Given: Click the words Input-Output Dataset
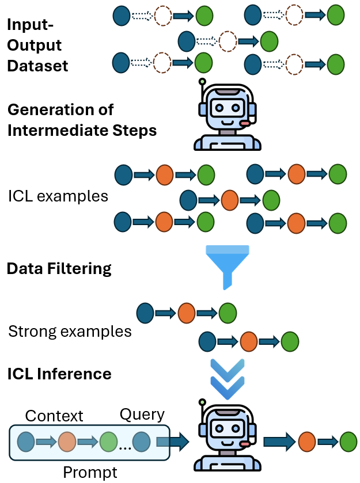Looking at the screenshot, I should click(x=37, y=45).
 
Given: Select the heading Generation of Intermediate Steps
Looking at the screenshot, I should click(x=81, y=120).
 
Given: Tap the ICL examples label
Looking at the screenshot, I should click(x=58, y=196).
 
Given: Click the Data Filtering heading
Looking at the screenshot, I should click(x=59, y=268).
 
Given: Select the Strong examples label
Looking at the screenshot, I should click(x=70, y=332).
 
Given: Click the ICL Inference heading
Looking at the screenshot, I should click(x=59, y=374).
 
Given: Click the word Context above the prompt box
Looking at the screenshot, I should click(x=54, y=416).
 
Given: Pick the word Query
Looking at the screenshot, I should click(x=142, y=414).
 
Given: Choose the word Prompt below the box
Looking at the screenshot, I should click(x=90, y=473).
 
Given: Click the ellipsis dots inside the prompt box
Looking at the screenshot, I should click(x=124, y=444).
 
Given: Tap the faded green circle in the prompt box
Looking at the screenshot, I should click(x=108, y=442).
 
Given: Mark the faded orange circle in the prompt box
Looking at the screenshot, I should click(x=67, y=442).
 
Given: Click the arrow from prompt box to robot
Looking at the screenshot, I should click(x=172, y=442).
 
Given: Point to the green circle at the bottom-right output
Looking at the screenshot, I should click(x=348, y=442).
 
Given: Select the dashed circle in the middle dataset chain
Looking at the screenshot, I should click(x=229, y=41).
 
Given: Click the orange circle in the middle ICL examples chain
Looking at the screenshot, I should click(x=230, y=200).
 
